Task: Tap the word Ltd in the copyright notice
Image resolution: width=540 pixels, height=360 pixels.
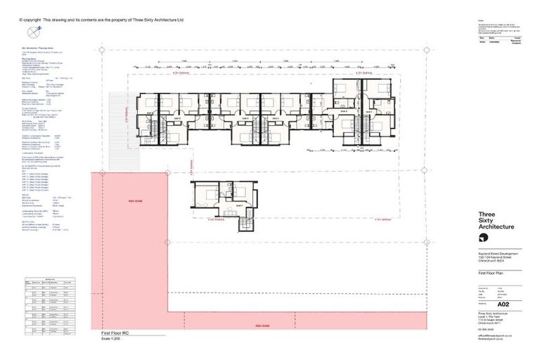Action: click(x=180, y=20)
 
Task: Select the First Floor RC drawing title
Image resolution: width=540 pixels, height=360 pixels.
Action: click(x=112, y=333)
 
